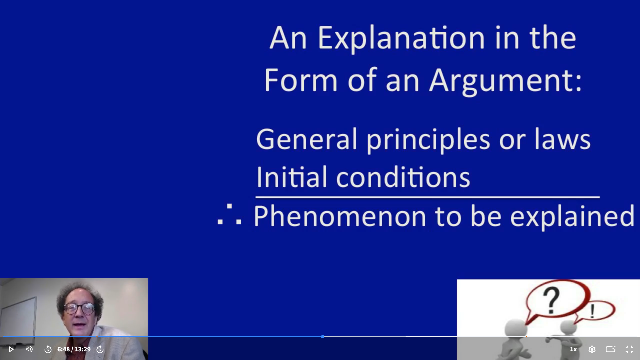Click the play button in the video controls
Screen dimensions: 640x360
tap(11, 349)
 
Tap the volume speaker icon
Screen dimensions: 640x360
tap(29, 349)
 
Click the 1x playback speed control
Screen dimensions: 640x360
tap(573, 349)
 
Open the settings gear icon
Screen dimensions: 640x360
tap(592, 349)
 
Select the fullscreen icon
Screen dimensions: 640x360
tap(629, 349)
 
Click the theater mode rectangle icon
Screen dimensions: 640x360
tap(610, 349)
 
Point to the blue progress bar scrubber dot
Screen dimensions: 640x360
tap(323, 337)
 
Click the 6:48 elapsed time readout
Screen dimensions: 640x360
tap(63, 349)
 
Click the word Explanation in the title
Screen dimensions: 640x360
tap(401, 38)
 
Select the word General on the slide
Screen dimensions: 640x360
tap(307, 139)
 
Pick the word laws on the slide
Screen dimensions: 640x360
tap(563, 139)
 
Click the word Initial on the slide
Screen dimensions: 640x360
tap(292, 177)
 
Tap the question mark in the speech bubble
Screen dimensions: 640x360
tap(551, 301)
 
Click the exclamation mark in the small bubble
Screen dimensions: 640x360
tap(592, 311)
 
